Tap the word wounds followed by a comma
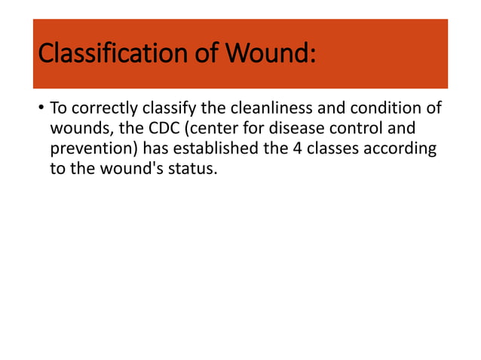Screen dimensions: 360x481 [81, 130]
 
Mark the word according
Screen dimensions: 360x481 [400, 148]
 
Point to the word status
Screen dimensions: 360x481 [192, 167]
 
